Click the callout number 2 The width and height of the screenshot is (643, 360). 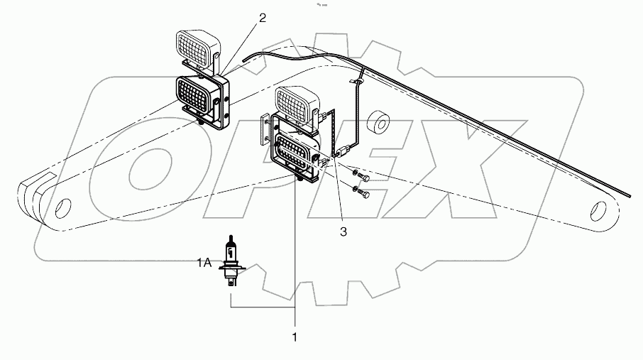click(x=263, y=18)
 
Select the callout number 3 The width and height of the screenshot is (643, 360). click(x=343, y=231)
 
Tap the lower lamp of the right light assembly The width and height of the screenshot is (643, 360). click(x=293, y=152)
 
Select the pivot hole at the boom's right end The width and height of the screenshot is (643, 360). click(x=601, y=212)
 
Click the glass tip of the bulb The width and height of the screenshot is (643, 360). click(x=231, y=241)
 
